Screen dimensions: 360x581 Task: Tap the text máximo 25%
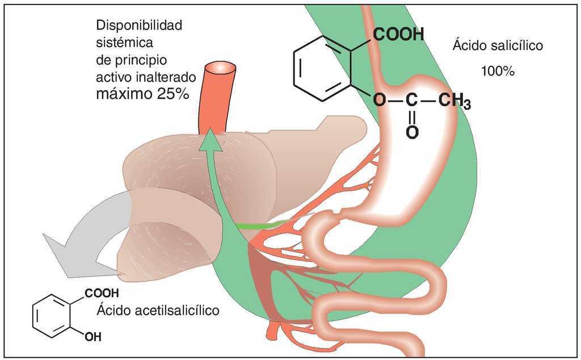click(142, 94)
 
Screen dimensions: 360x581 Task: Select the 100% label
click(498, 72)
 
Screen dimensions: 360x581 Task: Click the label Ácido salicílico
click(498, 45)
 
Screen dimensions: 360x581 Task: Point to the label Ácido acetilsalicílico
click(158, 311)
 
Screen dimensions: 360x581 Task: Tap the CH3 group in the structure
click(454, 102)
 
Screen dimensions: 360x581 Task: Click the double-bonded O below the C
click(412, 132)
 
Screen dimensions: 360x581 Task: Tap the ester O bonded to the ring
click(379, 102)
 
